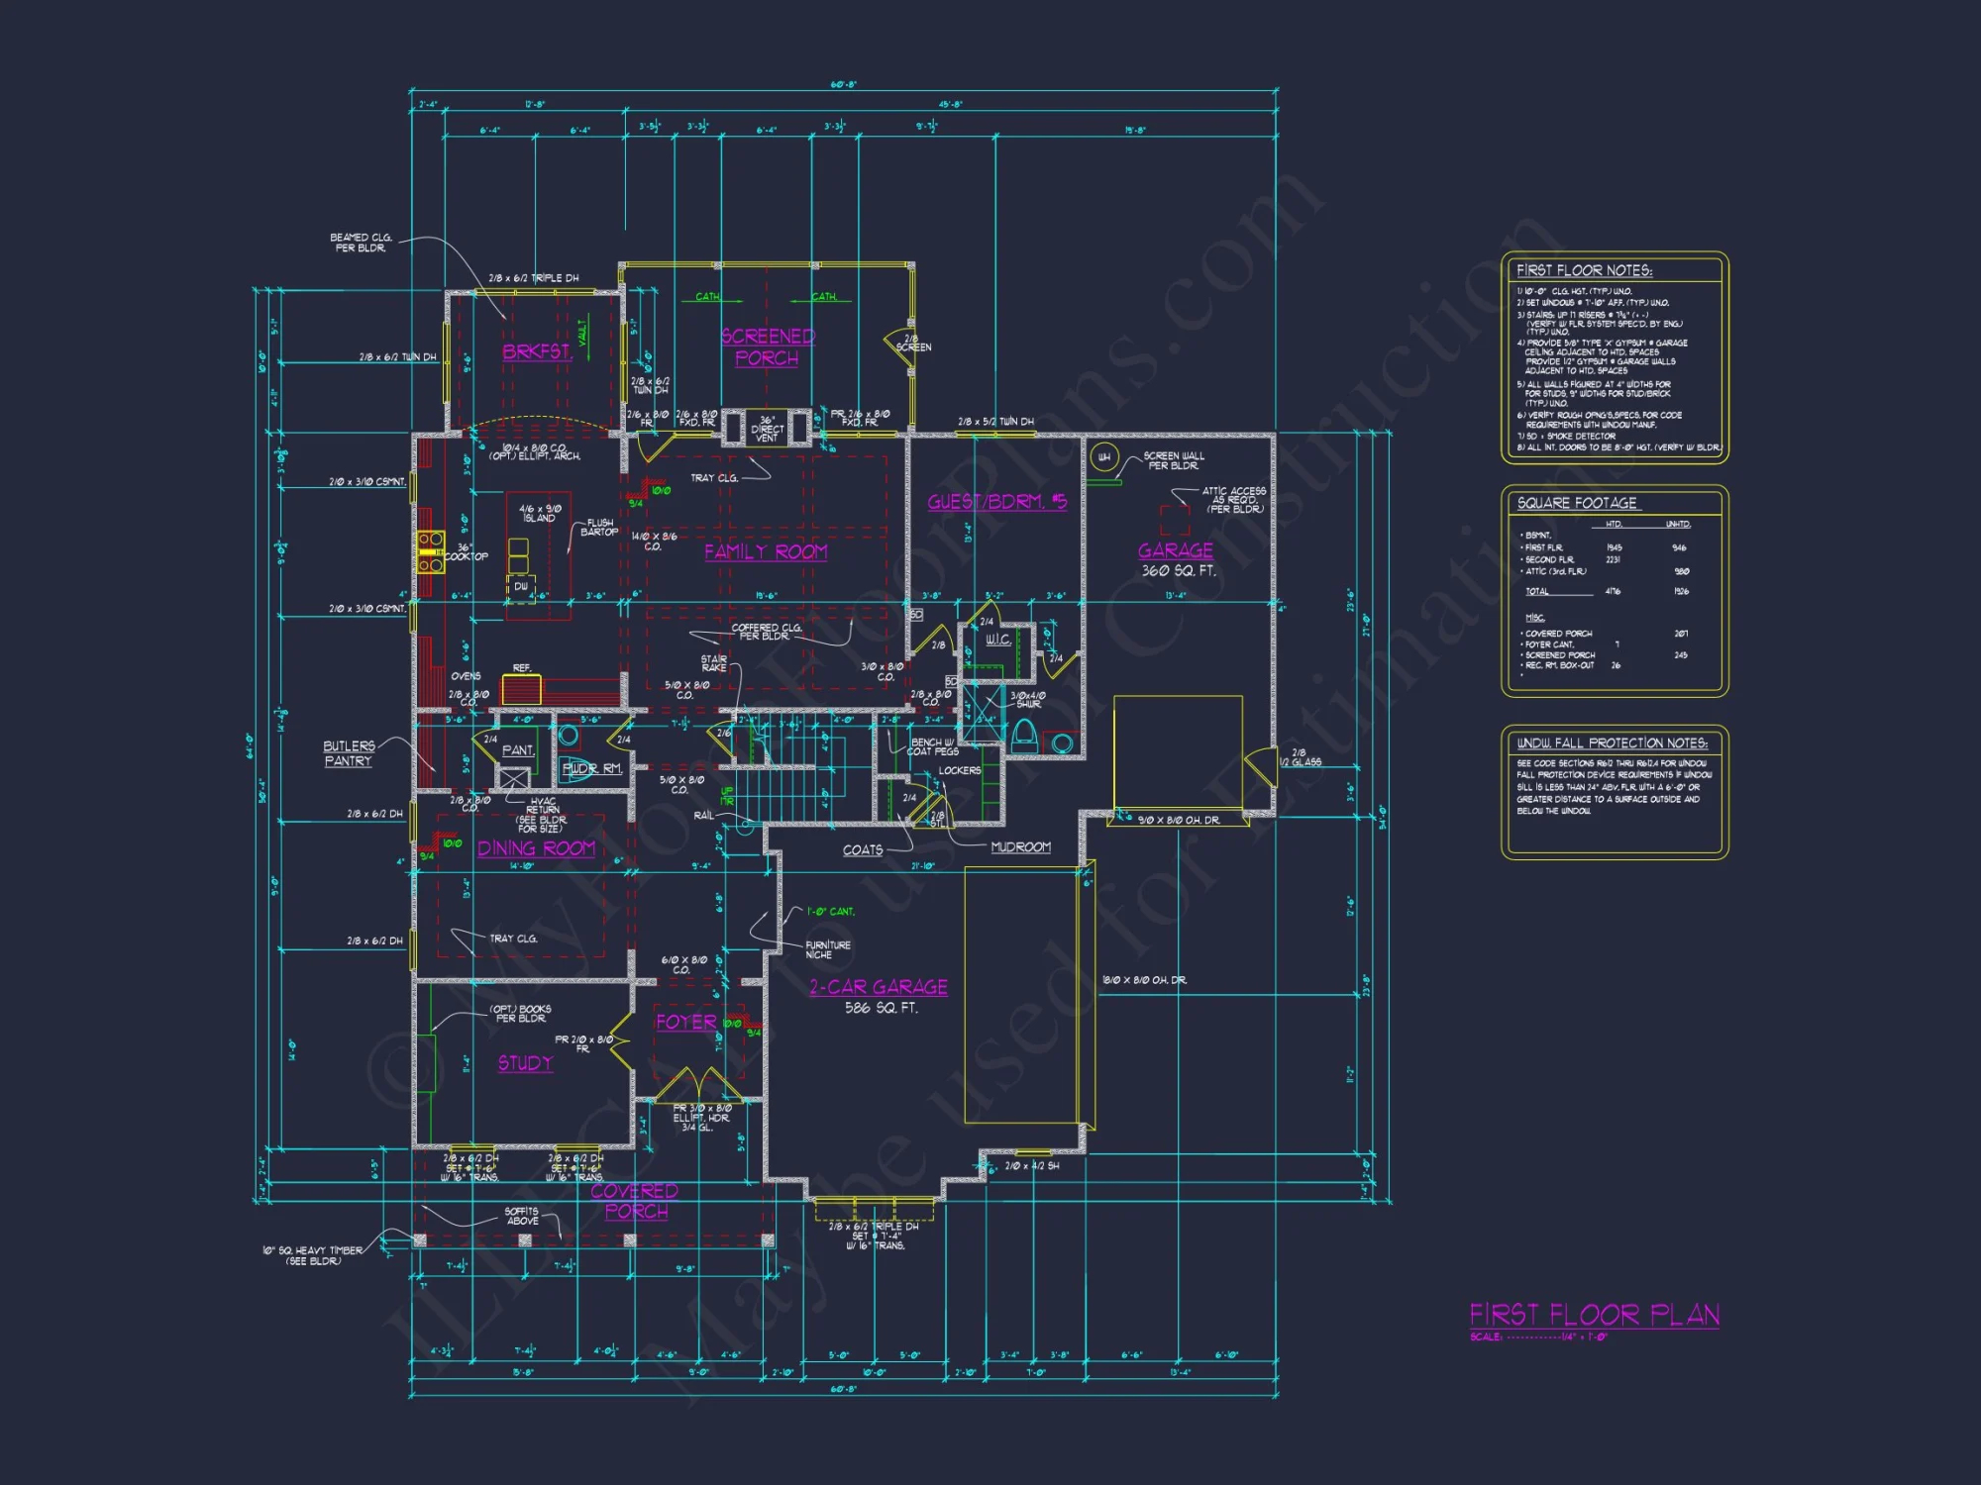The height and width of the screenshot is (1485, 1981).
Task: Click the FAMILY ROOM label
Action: coord(766,552)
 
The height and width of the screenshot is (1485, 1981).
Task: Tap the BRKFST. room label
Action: coord(537,351)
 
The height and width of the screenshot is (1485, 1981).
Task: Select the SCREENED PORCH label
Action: coord(768,347)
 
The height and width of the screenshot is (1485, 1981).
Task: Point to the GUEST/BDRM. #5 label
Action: coord(996,502)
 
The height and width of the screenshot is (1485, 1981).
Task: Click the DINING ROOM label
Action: coord(536,848)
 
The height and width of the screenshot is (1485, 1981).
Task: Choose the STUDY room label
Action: coord(525,1063)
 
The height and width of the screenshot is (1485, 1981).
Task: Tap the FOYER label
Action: coord(685,1022)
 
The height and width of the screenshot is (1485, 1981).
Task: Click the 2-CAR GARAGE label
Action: coord(879,987)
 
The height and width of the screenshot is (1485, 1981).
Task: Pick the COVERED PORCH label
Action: coord(635,1201)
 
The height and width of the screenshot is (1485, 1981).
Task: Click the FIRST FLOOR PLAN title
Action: coord(1594,1315)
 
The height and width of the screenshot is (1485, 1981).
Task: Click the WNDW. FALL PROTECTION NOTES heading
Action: coord(1612,742)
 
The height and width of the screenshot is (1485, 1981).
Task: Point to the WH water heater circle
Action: coord(1104,457)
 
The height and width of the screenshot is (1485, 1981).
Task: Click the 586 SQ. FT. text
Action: coord(881,1009)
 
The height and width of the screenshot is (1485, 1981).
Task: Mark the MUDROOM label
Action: coord(1020,847)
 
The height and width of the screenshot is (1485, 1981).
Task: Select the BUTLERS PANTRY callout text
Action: coord(348,753)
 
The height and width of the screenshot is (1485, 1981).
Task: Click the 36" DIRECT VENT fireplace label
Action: coord(767,429)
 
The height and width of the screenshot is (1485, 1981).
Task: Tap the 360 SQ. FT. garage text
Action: coord(1178,571)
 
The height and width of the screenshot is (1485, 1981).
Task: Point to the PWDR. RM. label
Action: coord(591,768)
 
